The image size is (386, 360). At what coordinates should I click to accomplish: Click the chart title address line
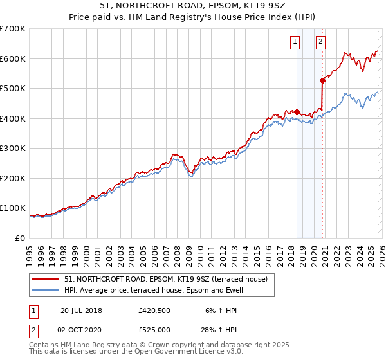pyautogui.click(x=193, y=6)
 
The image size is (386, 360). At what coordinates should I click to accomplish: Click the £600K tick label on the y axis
pyautogui.click(x=13, y=59)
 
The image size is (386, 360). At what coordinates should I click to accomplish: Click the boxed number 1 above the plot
pyautogui.click(x=295, y=42)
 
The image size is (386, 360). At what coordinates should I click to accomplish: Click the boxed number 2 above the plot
pyautogui.click(x=320, y=42)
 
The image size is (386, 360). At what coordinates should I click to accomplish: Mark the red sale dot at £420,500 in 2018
pyautogui.click(x=297, y=112)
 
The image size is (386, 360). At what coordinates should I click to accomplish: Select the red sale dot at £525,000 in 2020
pyautogui.click(x=322, y=80)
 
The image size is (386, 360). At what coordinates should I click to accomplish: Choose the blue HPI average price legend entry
pyautogui.click(x=160, y=290)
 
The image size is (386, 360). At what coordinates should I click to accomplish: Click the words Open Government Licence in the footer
pyautogui.click(x=165, y=352)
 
